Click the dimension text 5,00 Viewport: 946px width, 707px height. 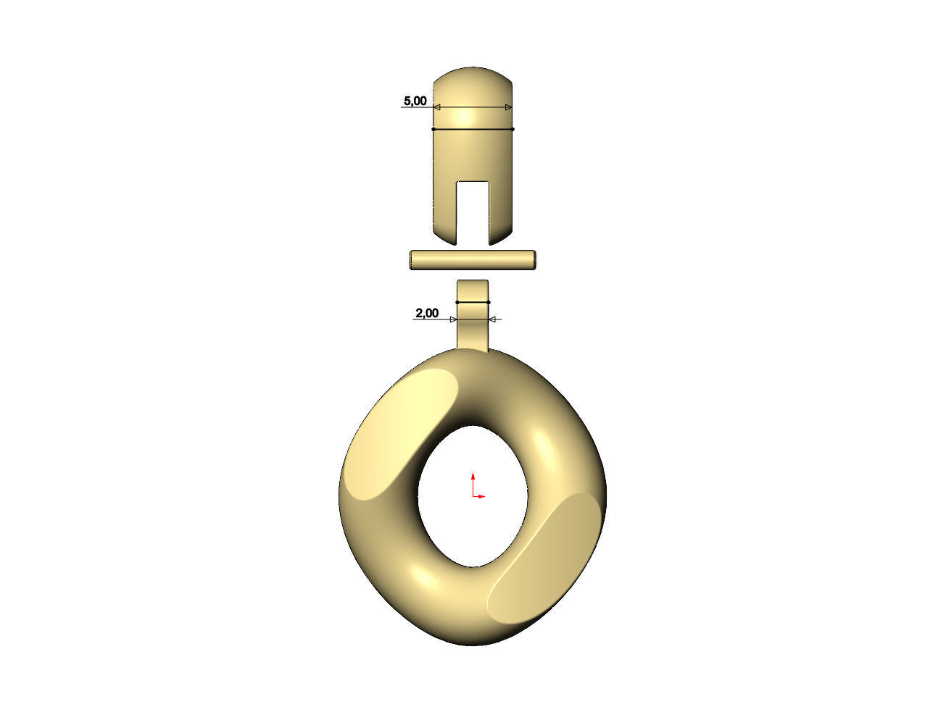(415, 101)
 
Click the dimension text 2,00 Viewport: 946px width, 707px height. (426, 314)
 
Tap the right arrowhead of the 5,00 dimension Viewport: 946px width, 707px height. (508, 108)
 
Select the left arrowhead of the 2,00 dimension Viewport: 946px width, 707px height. (453, 319)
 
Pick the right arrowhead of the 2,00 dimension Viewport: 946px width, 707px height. (492, 319)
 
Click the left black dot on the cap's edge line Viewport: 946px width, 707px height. (433, 130)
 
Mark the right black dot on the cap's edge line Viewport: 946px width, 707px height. (513, 130)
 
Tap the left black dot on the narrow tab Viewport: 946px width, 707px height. (457, 302)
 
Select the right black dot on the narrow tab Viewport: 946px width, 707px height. (489, 302)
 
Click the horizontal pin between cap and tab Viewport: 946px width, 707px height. (473, 260)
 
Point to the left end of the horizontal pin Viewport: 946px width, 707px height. (412, 260)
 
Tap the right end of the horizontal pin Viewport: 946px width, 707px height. (534, 260)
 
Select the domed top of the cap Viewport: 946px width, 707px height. (473, 83)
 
